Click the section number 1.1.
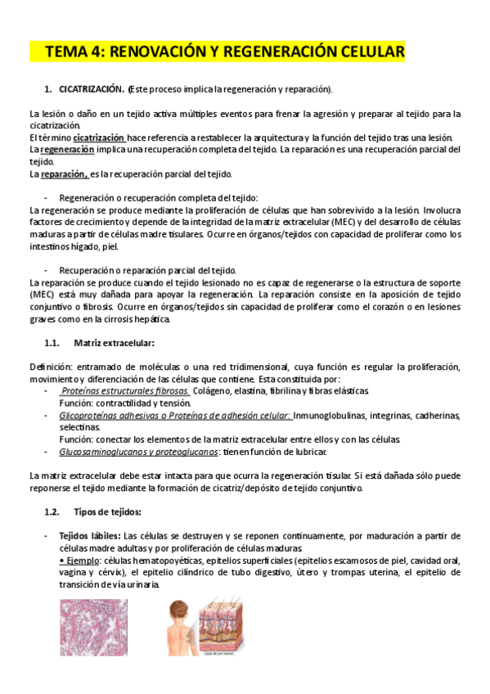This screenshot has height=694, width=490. (53, 342)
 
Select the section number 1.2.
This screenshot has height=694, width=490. (53, 511)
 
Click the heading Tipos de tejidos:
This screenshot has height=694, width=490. (107, 511)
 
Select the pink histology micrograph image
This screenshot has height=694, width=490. (93, 628)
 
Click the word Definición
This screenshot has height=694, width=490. (50, 367)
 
